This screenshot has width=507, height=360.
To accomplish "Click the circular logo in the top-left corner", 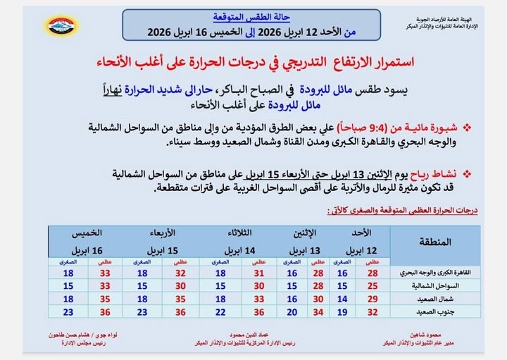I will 62,25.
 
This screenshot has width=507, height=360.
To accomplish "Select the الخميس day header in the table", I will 88,233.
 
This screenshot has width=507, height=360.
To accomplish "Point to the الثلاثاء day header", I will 241,233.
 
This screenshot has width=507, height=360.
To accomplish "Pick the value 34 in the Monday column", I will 318,311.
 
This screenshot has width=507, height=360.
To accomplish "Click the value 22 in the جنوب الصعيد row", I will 220,311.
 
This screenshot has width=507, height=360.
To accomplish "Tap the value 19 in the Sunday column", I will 343,311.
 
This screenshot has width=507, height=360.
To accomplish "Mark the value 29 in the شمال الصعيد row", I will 374,299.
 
